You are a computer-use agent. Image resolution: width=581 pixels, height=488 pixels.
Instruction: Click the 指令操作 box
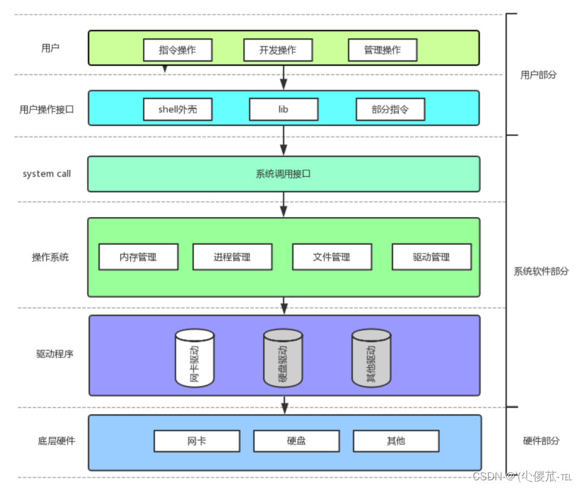coord(177,50)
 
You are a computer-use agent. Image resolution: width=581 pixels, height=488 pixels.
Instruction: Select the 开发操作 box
coord(278,50)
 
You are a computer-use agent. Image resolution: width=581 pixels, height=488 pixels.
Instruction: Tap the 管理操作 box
coord(382,50)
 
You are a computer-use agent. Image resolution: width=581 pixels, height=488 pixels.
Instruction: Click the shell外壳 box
coord(177,109)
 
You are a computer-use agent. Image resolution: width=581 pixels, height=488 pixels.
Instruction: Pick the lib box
coord(283,109)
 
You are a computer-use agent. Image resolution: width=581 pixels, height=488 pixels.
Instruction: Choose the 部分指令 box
coord(390,109)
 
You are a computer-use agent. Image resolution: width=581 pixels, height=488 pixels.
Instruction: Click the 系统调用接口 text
coord(283,174)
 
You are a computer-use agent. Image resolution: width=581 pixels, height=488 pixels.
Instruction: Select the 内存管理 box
coord(138,257)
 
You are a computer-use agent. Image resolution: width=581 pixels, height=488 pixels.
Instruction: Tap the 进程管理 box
coord(232,257)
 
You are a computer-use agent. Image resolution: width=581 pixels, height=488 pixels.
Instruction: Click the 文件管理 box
coord(331,257)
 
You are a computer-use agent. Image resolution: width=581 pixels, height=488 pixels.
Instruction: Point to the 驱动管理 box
coord(432,257)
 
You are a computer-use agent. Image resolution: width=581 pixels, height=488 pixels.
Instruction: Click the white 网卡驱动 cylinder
coord(194,358)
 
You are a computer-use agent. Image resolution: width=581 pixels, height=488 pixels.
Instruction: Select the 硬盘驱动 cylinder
coord(283,358)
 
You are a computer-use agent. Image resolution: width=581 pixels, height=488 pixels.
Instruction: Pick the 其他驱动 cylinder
coord(371,358)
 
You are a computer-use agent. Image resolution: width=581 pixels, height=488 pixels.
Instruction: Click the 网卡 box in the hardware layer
coord(197,441)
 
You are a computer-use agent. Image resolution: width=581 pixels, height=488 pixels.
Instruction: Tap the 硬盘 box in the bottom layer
coord(296,441)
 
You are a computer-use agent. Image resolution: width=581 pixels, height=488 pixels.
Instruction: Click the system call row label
coord(47,174)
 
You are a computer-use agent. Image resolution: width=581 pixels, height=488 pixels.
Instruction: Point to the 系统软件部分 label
coord(541,271)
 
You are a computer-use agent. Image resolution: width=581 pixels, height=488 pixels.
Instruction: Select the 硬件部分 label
coord(541,441)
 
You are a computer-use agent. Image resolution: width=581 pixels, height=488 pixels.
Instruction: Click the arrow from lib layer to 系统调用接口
coord(283,141)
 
